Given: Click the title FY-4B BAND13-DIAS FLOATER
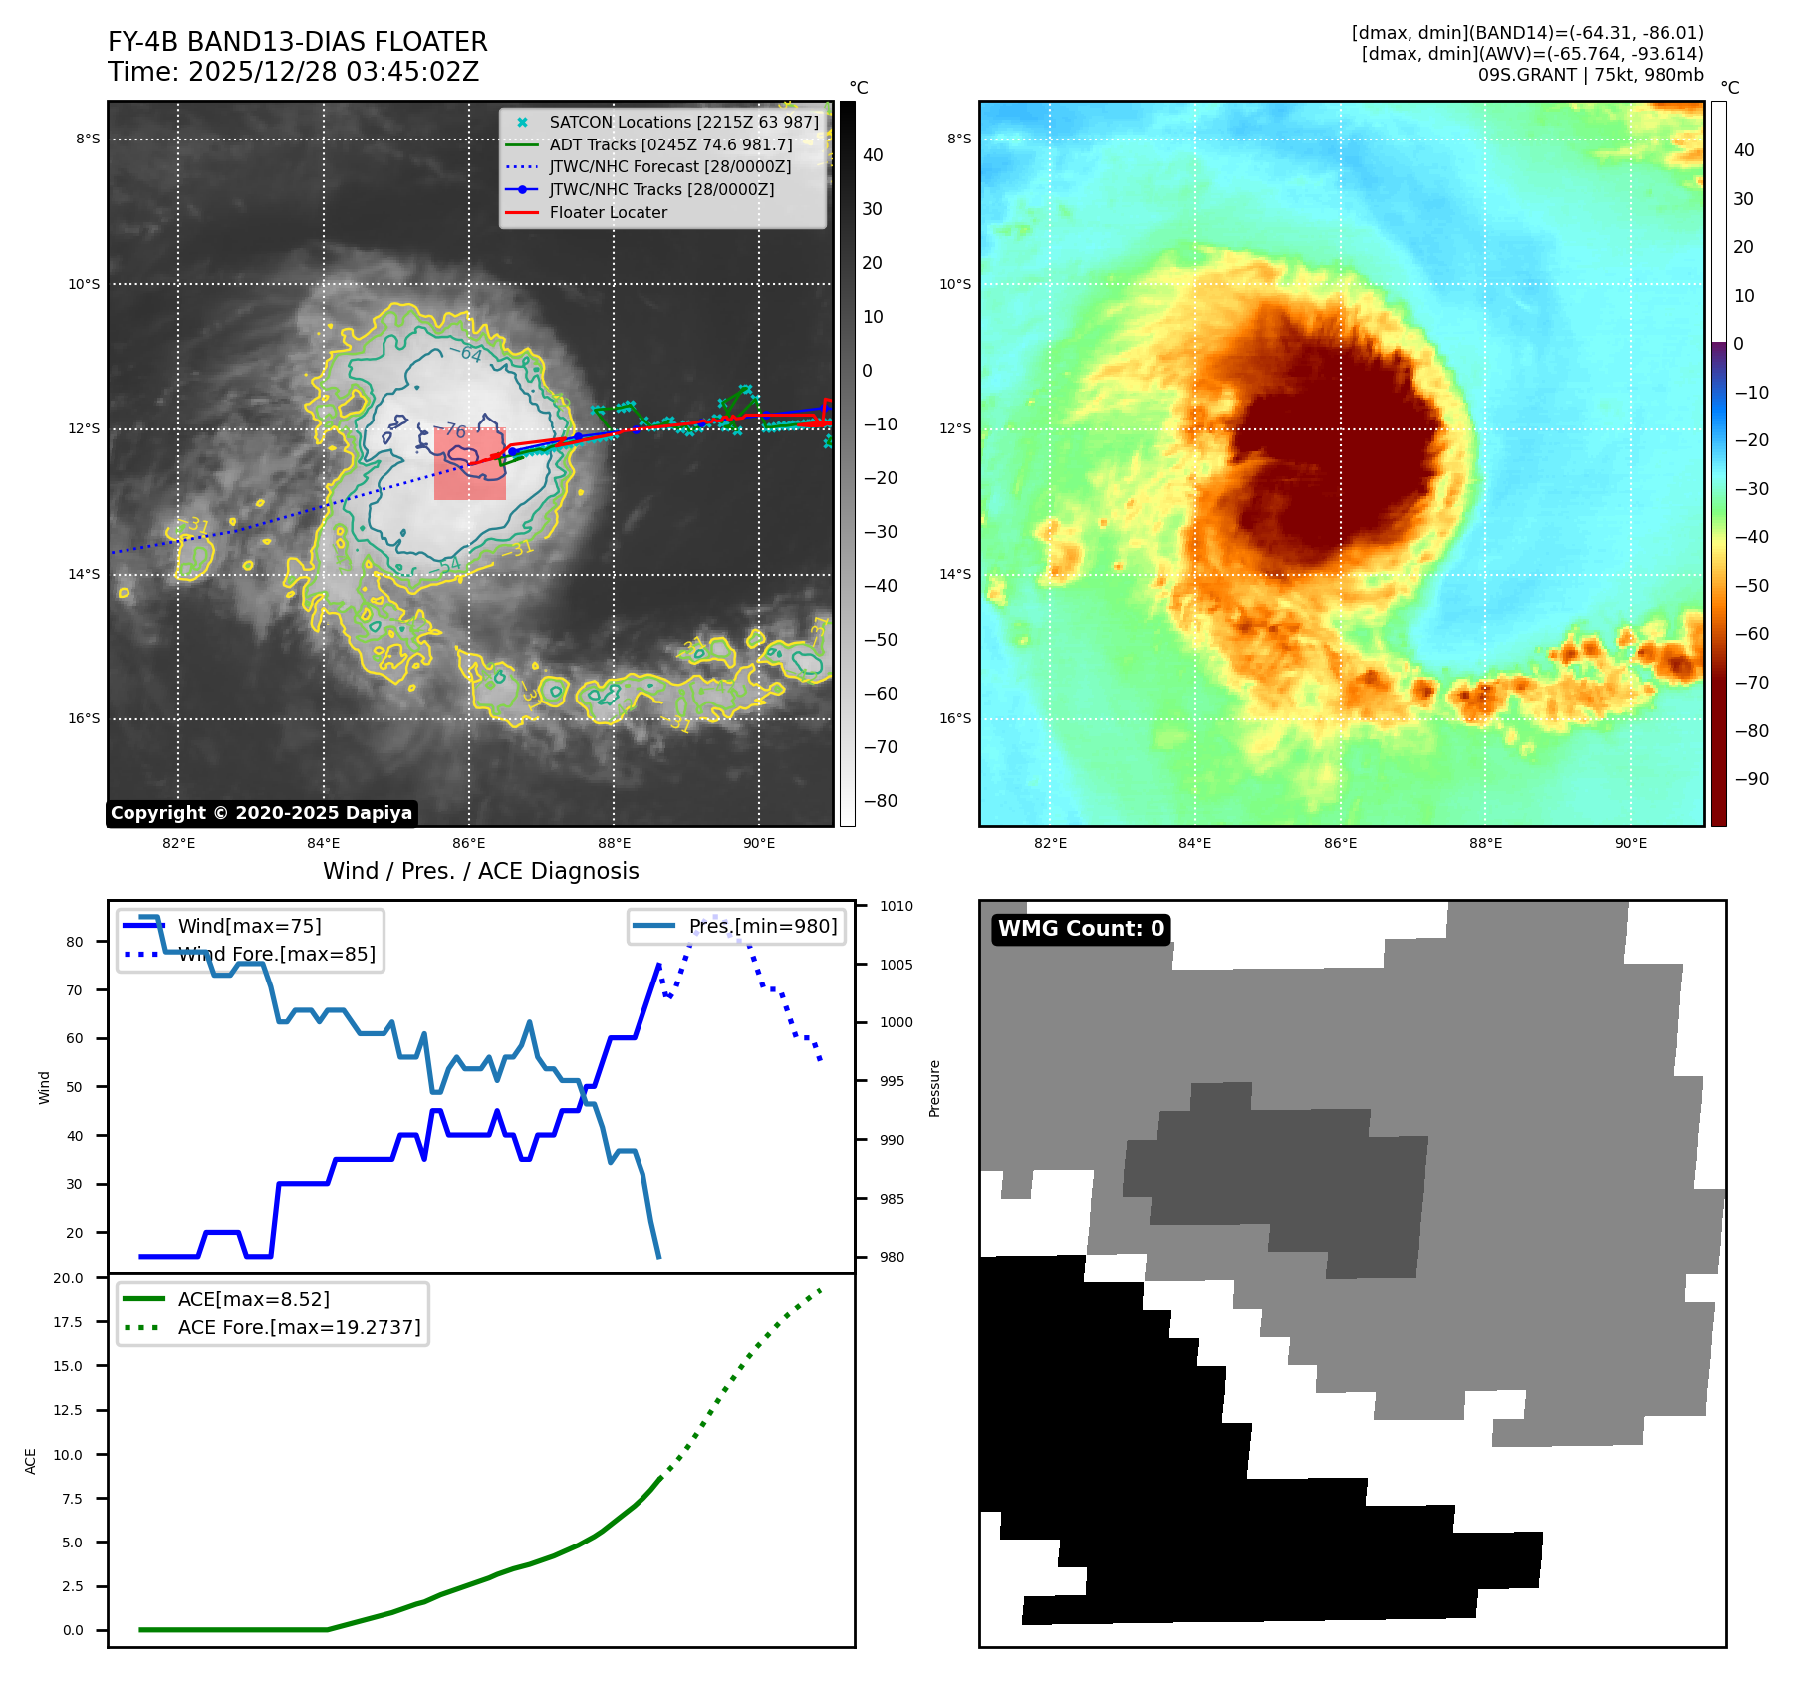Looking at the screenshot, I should point(297,42).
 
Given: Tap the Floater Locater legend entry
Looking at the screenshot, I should point(608,212).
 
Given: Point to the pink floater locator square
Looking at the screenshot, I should point(470,464).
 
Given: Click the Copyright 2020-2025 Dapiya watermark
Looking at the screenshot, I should point(261,813).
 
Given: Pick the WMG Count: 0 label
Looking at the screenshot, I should point(1081,929).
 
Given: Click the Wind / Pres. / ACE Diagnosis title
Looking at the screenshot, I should point(480,871).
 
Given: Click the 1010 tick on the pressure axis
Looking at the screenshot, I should point(896,906).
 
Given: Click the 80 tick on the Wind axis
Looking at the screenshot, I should point(75,942).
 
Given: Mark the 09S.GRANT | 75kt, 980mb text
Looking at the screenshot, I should point(1590,75).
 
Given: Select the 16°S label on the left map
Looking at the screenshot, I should point(84,718).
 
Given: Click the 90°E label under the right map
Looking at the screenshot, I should point(1630,843).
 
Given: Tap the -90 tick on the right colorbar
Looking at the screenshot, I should point(1751,779).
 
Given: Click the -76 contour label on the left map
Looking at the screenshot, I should point(455,430).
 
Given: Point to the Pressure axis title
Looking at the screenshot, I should point(934,1088).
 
